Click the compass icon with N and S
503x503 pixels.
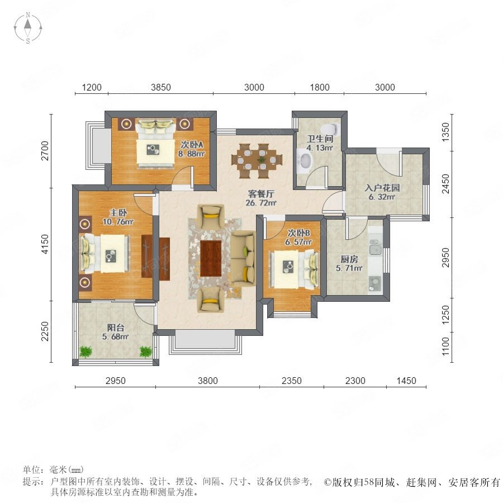28,27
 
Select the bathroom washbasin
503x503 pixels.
305,160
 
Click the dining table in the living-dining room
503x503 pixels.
257,159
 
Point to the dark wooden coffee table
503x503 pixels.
211,258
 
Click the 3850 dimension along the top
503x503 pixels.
161,87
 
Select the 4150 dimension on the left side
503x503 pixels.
45,244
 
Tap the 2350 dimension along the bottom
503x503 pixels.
292,381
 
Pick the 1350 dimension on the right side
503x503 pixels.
445,132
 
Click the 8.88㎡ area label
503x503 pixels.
192,154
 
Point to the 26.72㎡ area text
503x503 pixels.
261,203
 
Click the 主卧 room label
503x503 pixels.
118,212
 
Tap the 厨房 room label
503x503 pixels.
349,259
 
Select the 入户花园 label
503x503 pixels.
382,188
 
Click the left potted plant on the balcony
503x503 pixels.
86,352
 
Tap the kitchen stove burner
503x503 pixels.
374,282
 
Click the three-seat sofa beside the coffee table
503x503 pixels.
243,258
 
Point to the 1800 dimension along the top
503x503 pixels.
320,87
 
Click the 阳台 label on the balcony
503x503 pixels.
116,328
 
